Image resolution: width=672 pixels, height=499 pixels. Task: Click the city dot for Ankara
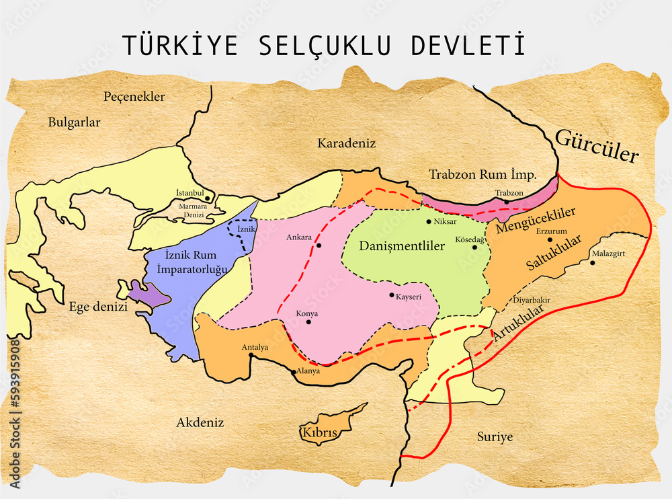point(319,245)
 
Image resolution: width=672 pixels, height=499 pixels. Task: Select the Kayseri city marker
point(392,295)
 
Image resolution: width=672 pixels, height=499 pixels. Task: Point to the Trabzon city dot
point(507,202)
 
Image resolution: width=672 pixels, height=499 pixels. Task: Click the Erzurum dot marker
point(550,239)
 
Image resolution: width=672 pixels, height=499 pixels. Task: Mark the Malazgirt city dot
point(593,262)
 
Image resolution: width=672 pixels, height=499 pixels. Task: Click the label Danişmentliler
point(402,246)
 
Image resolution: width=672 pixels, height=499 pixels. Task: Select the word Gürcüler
point(596,146)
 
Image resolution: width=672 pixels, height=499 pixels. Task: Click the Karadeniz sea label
point(346,143)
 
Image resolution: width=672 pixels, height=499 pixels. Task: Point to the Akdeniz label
point(200,422)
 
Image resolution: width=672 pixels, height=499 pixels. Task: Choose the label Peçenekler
point(134,97)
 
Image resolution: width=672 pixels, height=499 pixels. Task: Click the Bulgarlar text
point(74,122)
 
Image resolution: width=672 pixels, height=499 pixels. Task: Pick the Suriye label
point(495,436)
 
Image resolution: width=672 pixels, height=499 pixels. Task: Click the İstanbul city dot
point(208,198)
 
